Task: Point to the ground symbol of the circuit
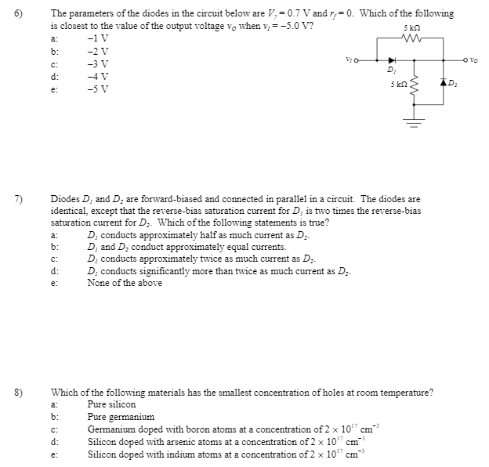pyautogui.click(x=415, y=120)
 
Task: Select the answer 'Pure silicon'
pyautogui.click(x=111, y=404)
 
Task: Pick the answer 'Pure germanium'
pyautogui.click(x=121, y=417)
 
